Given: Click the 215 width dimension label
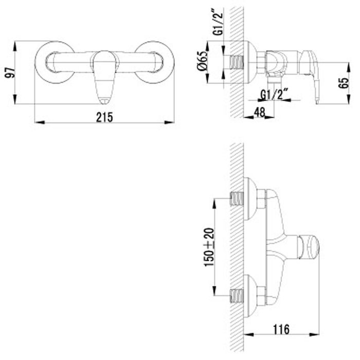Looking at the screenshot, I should point(105,116).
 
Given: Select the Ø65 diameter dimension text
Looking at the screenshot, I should point(203,64).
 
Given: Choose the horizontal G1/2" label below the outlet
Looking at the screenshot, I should point(273,95).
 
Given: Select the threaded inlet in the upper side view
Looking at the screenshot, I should point(236,63).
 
